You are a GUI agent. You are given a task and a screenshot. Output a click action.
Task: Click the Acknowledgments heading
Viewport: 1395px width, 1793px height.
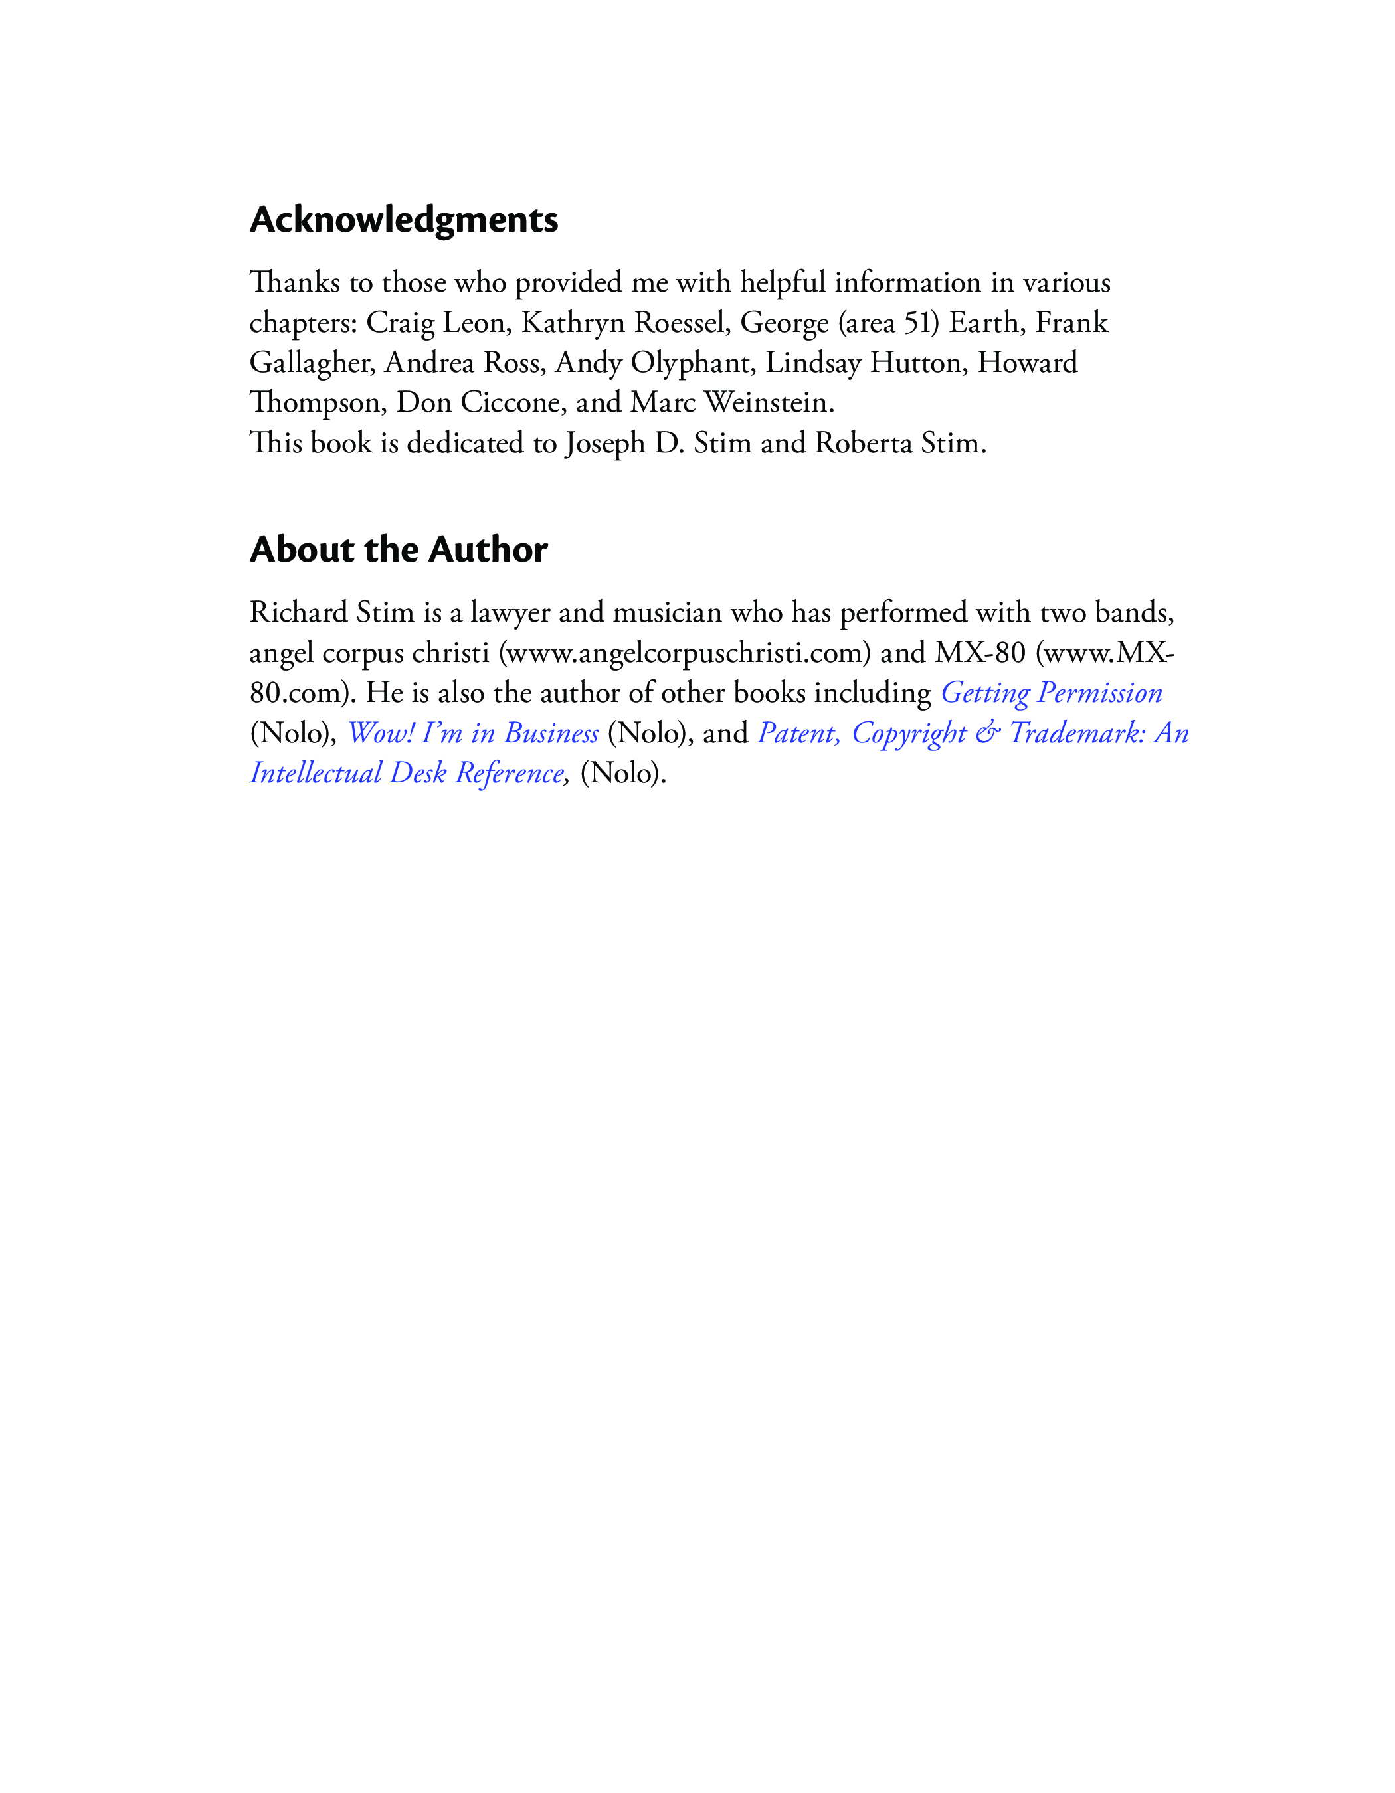click(403, 220)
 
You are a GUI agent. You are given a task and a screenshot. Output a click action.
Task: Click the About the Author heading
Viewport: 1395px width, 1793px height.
click(398, 550)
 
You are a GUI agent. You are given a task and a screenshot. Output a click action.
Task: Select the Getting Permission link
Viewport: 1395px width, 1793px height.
click(1051, 693)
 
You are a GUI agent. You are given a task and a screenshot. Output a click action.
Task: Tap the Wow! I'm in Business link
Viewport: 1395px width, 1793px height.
click(473, 733)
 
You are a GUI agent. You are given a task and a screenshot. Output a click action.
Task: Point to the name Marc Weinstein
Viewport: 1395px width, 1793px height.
click(731, 403)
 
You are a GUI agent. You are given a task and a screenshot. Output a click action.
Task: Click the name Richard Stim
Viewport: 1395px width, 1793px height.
click(331, 612)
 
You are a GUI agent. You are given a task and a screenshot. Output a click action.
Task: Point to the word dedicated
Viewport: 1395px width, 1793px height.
click(466, 444)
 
